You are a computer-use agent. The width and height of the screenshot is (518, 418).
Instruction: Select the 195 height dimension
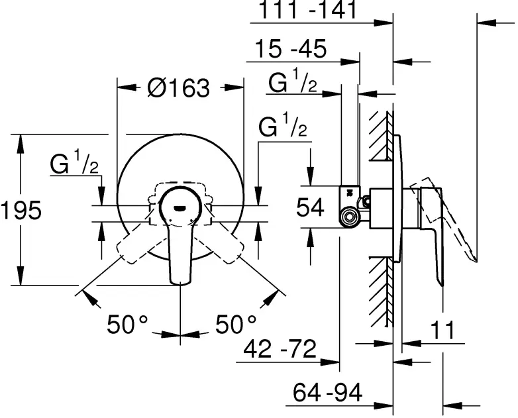pos(21,210)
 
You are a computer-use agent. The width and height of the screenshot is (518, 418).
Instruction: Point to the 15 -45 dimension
pos(290,50)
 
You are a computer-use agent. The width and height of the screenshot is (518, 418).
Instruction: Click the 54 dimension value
pos(309,208)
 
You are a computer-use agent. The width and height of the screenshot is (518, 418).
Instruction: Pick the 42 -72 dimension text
pos(279,348)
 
